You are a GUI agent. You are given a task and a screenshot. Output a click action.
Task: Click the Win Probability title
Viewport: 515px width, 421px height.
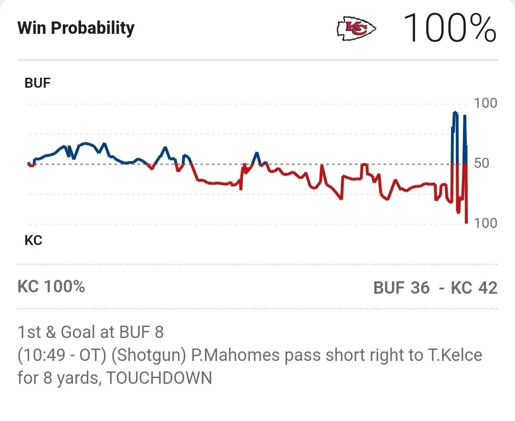pyautogui.click(x=76, y=28)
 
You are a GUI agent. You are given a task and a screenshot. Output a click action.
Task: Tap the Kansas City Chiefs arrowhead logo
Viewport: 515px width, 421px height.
pyautogui.click(x=356, y=29)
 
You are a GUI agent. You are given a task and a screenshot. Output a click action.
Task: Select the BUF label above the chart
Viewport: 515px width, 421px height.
pyautogui.click(x=37, y=83)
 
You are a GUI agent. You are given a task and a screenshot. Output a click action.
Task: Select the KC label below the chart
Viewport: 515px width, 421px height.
pyautogui.click(x=33, y=240)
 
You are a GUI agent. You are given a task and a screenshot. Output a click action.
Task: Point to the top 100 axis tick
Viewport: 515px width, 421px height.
pyautogui.click(x=485, y=103)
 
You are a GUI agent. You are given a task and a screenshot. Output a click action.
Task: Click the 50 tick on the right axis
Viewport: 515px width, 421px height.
pyautogui.click(x=482, y=163)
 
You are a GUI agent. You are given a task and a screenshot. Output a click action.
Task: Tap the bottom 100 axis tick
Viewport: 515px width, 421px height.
pyautogui.click(x=485, y=223)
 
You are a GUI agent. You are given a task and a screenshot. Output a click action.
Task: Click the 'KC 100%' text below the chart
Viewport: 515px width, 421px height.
pyautogui.click(x=51, y=287)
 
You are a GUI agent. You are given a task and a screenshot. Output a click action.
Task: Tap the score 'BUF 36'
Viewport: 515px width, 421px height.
pyautogui.click(x=402, y=288)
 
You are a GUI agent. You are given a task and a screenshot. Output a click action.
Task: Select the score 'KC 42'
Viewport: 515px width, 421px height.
pyautogui.click(x=474, y=288)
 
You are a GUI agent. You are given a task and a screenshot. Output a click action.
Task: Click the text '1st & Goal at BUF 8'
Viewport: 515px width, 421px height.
pyautogui.click(x=91, y=332)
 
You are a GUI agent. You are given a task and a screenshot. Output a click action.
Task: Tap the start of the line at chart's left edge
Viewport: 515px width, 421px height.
pyautogui.click(x=28, y=164)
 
